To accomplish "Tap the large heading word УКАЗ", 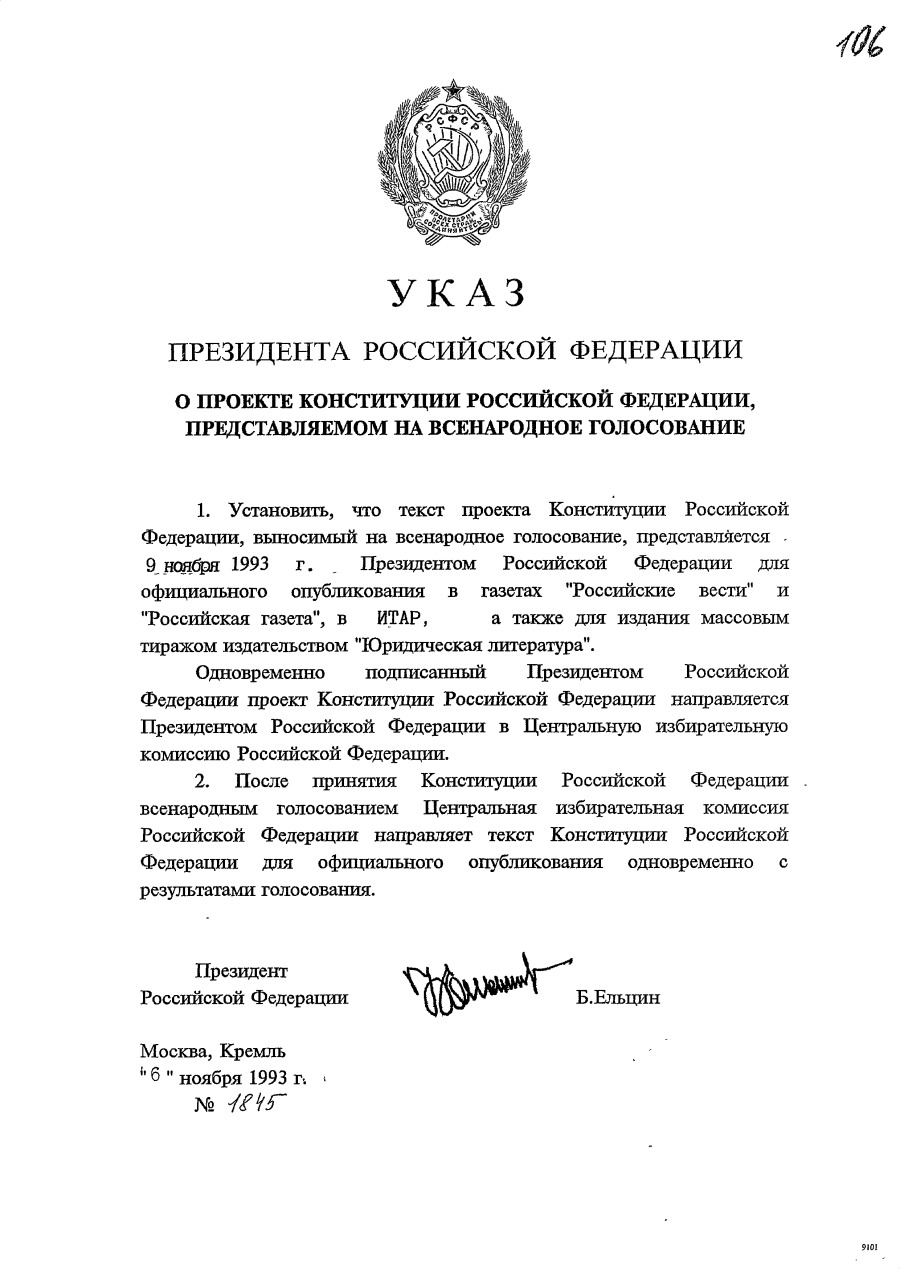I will (456, 292).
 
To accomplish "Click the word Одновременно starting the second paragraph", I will (255, 671).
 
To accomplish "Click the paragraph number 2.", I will (202, 780).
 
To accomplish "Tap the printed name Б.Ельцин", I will (618, 997).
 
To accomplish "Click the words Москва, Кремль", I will (213, 1051).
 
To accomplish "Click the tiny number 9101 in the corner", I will (868, 1248).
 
